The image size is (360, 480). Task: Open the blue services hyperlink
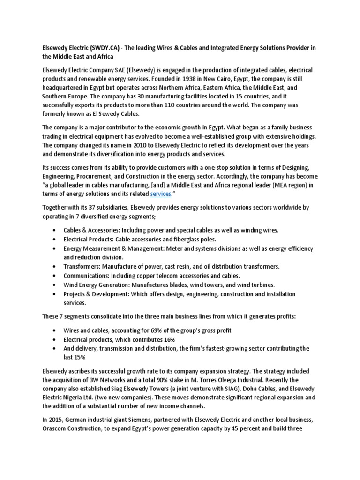click(157, 194)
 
